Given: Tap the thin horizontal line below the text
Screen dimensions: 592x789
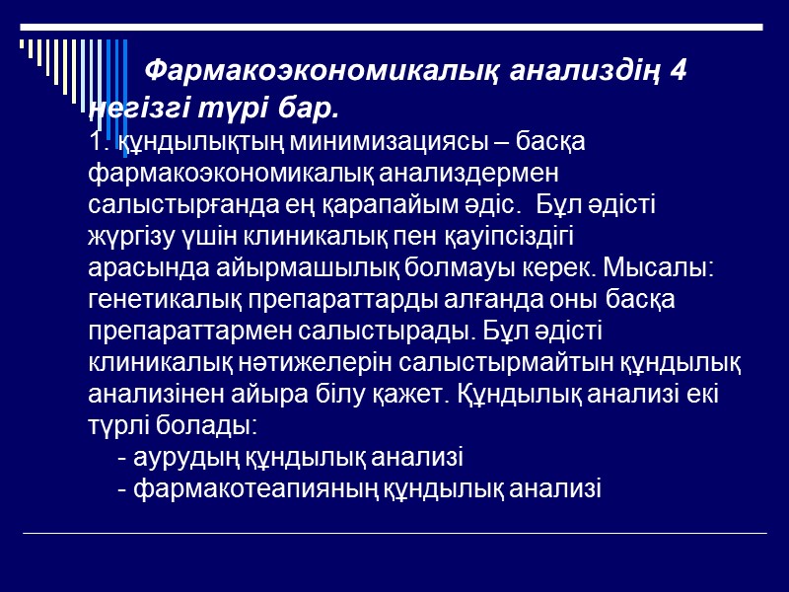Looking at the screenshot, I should pyautogui.click(x=394, y=534).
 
